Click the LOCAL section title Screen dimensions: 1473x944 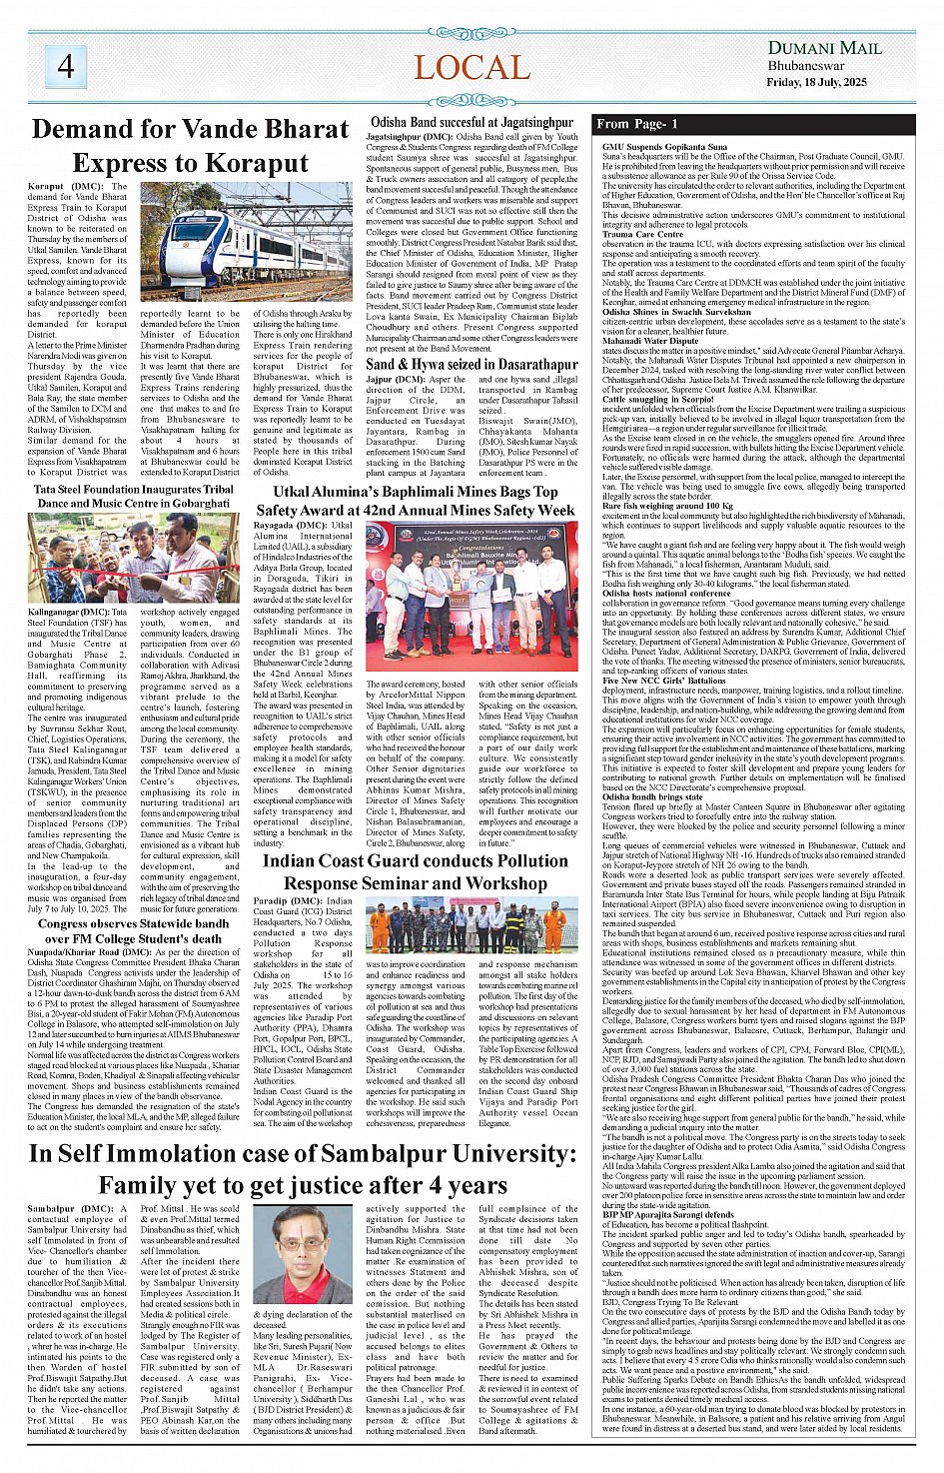coord(472,67)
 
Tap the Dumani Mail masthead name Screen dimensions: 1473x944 coord(824,48)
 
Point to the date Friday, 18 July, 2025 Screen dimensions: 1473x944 coord(824,81)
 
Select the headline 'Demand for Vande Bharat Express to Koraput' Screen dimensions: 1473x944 coord(190,146)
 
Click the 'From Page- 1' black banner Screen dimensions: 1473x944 coord(638,124)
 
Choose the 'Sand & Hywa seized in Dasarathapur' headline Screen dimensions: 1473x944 coord(472,365)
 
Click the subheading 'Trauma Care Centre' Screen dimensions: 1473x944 coord(642,234)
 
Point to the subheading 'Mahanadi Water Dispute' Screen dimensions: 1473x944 coord(650,341)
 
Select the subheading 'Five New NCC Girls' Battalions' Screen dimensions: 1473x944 coord(660,681)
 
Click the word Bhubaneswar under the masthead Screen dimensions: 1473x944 coord(806,66)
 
